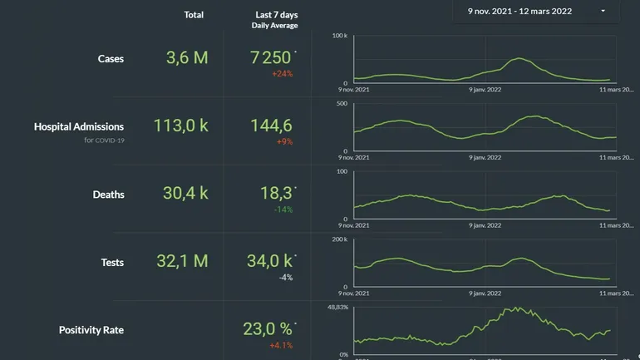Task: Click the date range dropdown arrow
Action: [x=603, y=12]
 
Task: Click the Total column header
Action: [x=194, y=15]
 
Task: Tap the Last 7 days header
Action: [x=276, y=15]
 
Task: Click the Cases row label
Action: [x=111, y=59]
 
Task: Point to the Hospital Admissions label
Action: [x=79, y=127]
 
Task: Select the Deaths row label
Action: [x=108, y=195]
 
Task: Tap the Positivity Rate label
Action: [x=91, y=330]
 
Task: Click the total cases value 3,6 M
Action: [x=187, y=57]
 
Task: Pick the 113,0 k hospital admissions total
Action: [x=180, y=126]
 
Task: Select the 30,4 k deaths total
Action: [x=185, y=194]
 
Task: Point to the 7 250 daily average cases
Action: [x=271, y=57]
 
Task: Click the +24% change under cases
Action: [x=282, y=74]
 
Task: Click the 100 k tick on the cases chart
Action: [x=339, y=36]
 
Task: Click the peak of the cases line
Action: [x=519, y=58]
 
